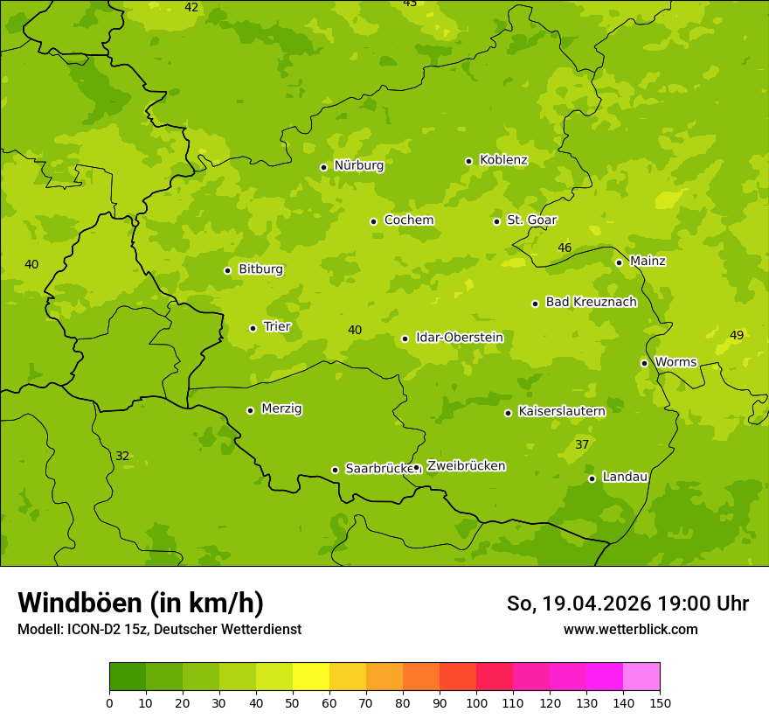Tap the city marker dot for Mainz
pyautogui.click(x=619, y=262)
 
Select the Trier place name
pyautogui.click(x=277, y=327)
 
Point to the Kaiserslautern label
pyautogui.click(x=561, y=411)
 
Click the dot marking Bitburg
pyautogui.click(x=227, y=270)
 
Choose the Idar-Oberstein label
pyautogui.click(x=459, y=338)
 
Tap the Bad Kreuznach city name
pyautogui.click(x=591, y=302)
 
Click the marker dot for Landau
pyautogui.click(x=592, y=478)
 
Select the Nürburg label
pyautogui.click(x=358, y=165)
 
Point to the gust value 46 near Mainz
pyautogui.click(x=565, y=248)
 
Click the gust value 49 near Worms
pyautogui.click(x=737, y=336)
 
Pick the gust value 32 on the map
pyautogui.click(x=122, y=457)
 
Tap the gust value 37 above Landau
pyautogui.click(x=582, y=445)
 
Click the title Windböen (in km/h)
pyautogui.click(x=141, y=603)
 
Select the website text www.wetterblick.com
pyautogui.click(x=630, y=630)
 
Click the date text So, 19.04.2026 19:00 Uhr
pyautogui.click(x=627, y=604)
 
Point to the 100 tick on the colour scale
pyautogui.click(x=476, y=702)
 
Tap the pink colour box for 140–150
pyautogui.click(x=641, y=677)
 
